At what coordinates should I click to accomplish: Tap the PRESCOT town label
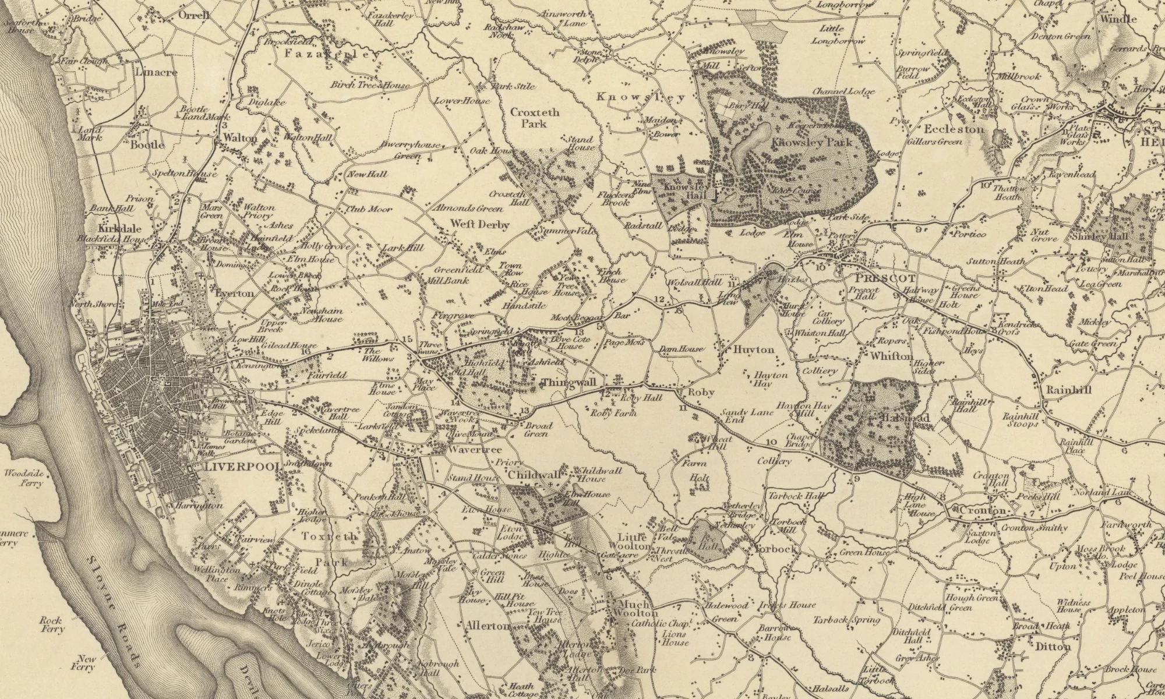[x=878, y=278]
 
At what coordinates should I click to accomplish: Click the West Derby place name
[x=479, y=225]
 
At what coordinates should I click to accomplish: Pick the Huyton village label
[x=754, y=349]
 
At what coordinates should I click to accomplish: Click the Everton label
[x=234, y=294]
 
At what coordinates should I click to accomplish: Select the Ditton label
[x=1053, y=647]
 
